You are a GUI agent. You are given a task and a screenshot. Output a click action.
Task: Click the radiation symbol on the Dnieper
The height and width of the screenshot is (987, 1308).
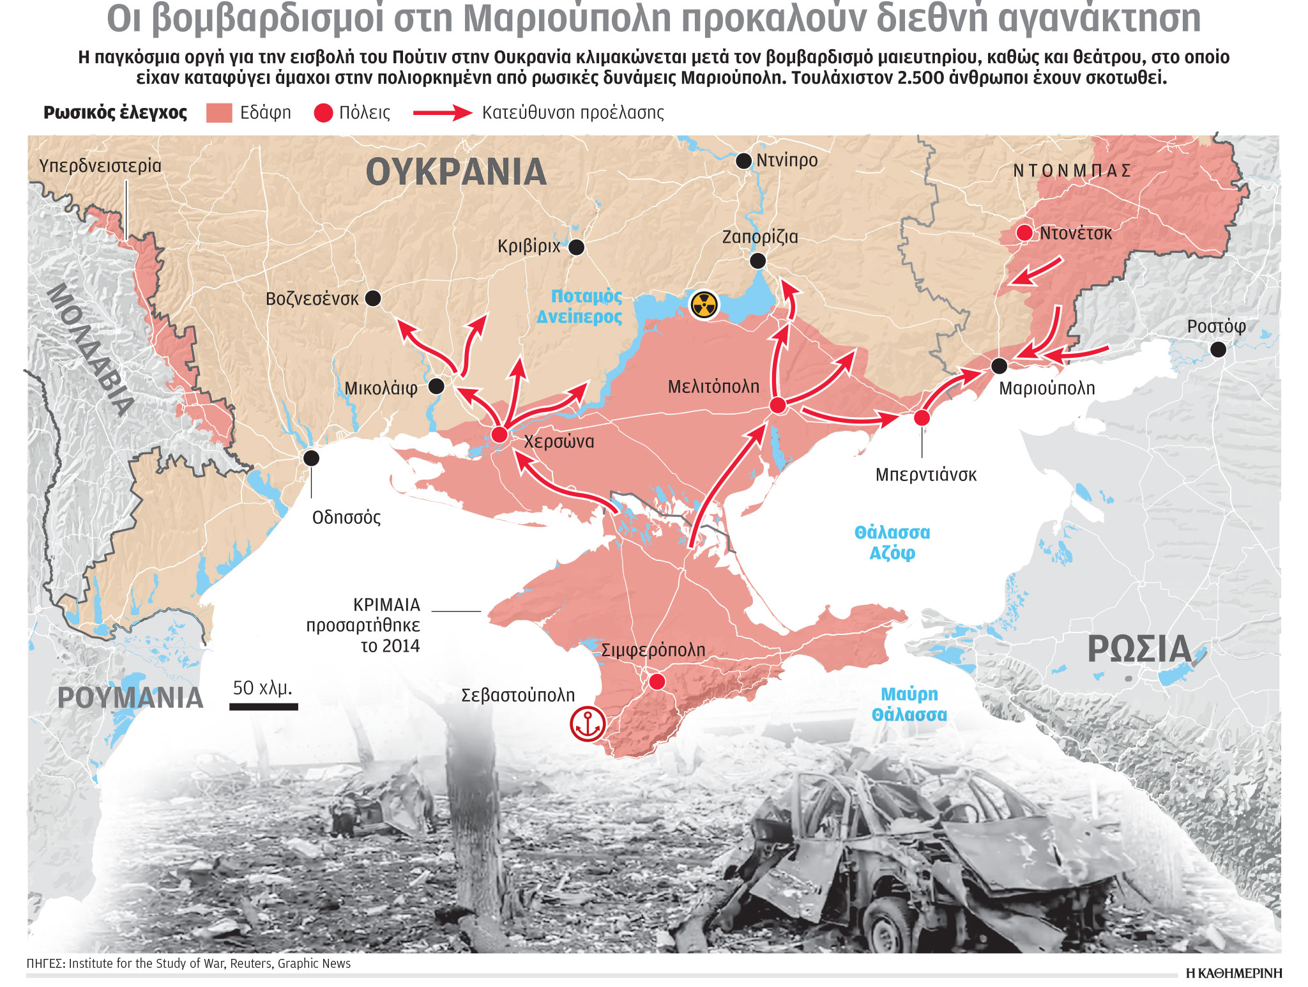(x=704, y=305)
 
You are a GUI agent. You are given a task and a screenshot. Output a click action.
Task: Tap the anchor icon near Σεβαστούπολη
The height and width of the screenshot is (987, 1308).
(x=587, y=724)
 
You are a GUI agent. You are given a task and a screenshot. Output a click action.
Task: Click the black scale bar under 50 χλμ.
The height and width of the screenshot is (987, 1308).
(x=264, y=707)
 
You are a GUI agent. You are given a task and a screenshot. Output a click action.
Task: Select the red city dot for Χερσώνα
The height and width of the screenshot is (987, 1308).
(x=499, y=435)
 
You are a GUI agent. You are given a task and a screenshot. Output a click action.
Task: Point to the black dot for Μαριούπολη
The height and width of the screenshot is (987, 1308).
(x=999, y=366)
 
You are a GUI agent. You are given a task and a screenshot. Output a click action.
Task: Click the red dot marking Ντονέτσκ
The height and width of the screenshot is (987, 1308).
(x=1024, y=233)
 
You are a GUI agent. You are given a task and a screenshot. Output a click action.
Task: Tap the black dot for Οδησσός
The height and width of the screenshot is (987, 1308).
(x=311, y=458)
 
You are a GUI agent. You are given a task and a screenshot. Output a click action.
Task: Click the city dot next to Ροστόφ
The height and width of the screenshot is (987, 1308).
(x=1218, y=349)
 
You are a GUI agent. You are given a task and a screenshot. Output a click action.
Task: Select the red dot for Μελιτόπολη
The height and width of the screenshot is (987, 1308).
(x=777, y=405)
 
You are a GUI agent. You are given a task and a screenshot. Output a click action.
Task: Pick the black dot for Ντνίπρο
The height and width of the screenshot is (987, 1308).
(x=743, y=160)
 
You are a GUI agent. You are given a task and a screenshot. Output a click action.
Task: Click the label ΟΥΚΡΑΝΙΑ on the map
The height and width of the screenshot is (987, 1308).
(x=456, y=172)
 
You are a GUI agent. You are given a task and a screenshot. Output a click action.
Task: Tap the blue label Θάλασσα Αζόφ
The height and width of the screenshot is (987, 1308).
(x=892, y=542)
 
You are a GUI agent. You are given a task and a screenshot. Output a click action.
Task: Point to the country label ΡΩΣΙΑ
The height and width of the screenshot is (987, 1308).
(x=1139, y=650)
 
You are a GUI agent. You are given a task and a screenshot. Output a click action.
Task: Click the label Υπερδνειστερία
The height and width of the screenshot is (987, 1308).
(x=100, y=166)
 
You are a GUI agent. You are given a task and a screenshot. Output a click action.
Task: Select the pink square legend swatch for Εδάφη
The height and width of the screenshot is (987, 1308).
(x=219, y=113)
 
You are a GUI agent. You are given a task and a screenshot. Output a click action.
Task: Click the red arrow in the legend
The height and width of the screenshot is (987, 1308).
(x=443, y=113)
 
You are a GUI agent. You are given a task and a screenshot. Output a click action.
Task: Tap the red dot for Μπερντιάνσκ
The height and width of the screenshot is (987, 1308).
(x=922, y=418)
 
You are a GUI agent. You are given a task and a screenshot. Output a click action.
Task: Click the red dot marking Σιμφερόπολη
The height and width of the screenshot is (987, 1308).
(x=657, y=682)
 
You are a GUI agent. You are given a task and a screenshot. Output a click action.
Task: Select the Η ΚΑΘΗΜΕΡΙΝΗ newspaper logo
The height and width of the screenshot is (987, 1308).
(x=1234, y=973)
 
